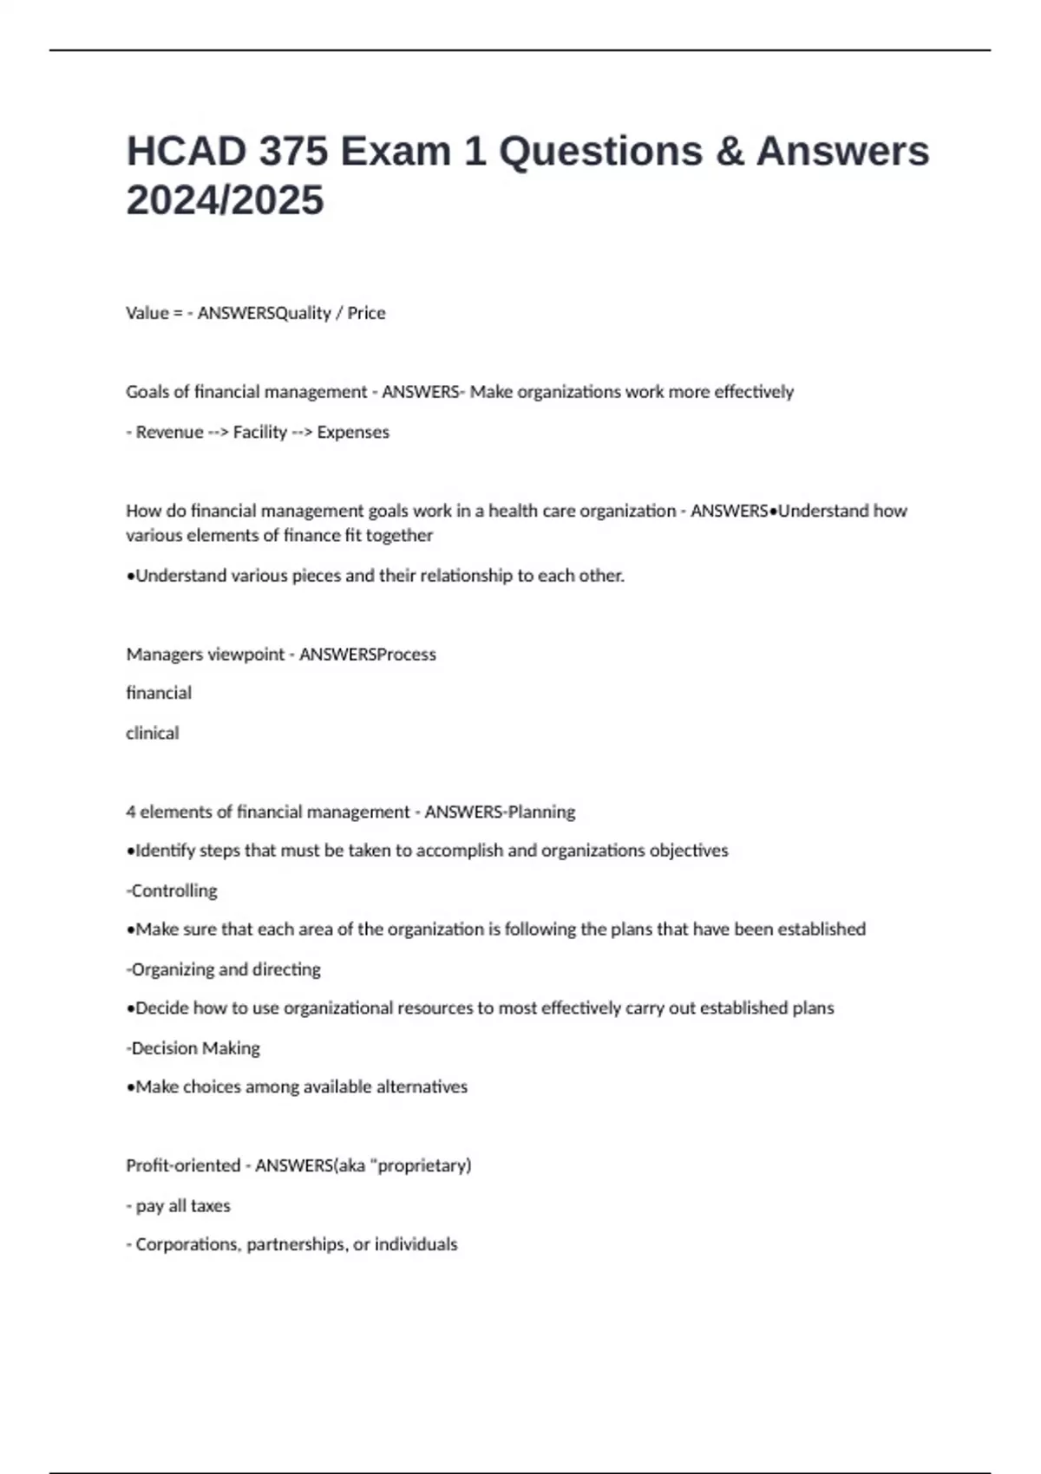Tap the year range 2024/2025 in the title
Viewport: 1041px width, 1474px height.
(225, 200)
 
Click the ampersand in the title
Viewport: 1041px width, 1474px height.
(730, 152)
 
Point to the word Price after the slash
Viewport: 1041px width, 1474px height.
(366, 313)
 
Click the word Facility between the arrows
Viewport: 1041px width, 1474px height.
(259, 432)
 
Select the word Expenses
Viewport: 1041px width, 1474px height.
(353, 432)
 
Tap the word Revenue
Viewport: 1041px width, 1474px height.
(169, 432)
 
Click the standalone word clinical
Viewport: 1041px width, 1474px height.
(153, 733)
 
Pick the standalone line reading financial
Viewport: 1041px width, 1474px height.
(159, 693)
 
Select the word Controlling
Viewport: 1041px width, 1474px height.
(173, 890)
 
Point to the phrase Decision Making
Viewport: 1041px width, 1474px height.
(195, 1048)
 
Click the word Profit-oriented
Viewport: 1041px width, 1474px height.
(183, 1165)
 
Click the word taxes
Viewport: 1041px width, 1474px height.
(211, 1205)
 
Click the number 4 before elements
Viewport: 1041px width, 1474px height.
(131, 812)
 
